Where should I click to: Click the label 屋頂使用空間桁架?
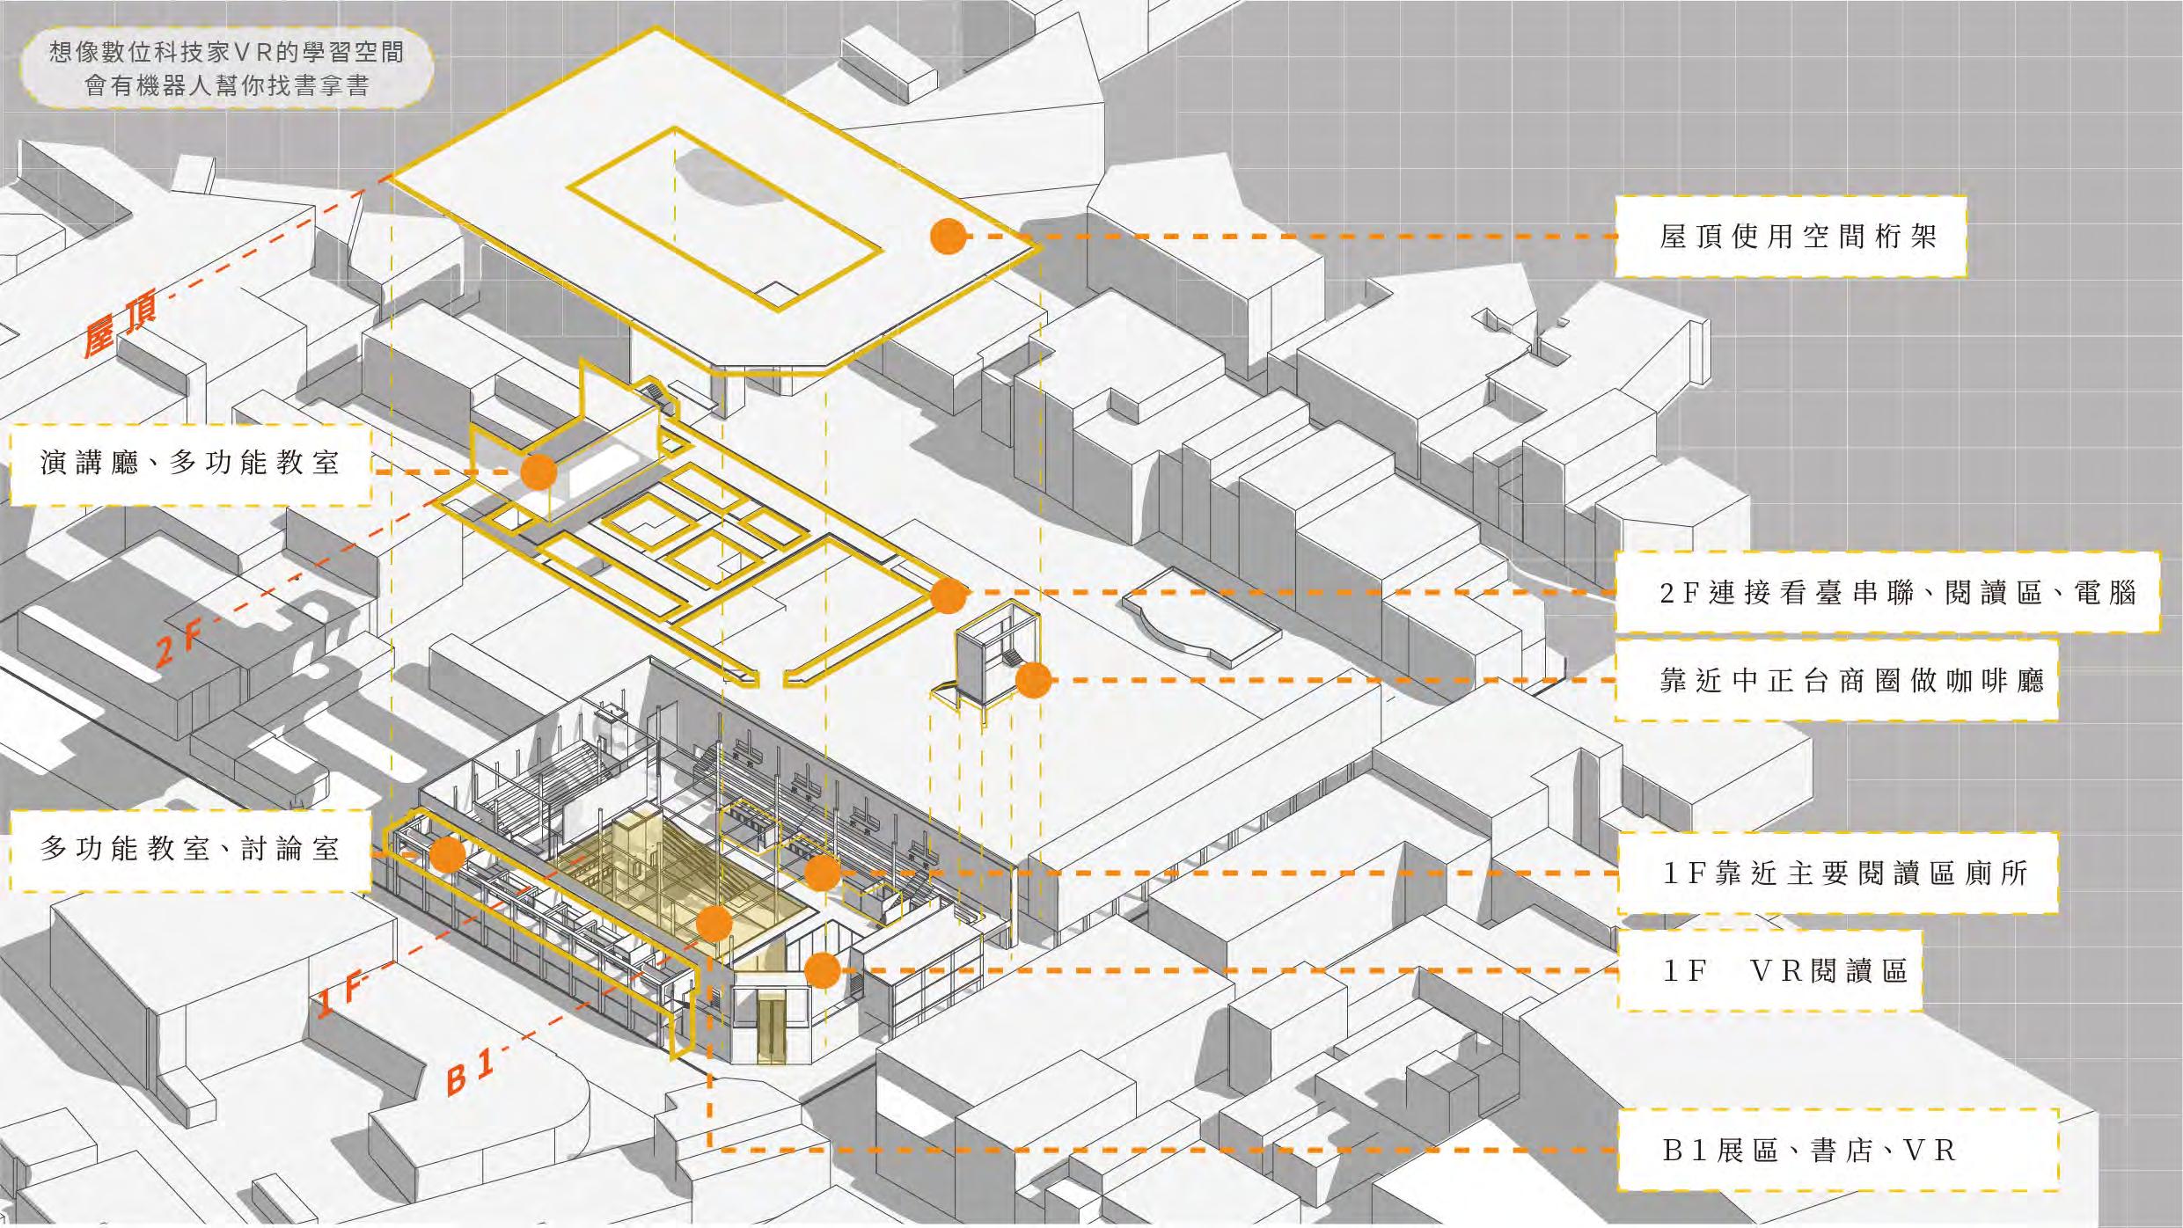click(1790, 237)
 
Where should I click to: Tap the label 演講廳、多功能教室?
click(190, 464)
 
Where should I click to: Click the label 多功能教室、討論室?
click(190, 850)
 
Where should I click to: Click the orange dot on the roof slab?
click(949, 237)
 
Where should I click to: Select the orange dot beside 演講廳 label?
click(538, 472)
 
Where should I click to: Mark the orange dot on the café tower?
click(1033, 680)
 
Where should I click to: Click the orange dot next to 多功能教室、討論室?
click(447, 854)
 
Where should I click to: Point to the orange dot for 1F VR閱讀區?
click(822, 970)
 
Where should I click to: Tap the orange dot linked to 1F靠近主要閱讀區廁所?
click(822, 873)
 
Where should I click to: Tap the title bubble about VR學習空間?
click(227, 69)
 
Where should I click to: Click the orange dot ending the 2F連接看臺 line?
click(948, 596)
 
